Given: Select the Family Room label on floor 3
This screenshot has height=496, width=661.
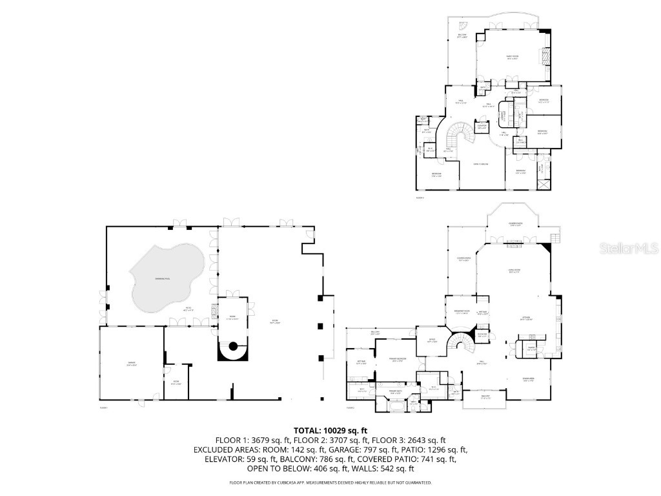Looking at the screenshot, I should (512, 57).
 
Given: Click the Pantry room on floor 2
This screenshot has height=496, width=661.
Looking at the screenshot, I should (532, 348).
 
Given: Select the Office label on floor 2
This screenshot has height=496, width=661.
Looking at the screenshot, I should (432, 340).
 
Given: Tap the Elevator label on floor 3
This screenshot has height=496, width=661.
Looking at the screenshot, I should (482, 127).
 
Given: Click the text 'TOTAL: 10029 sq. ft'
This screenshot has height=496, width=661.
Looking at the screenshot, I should (330, 429).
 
